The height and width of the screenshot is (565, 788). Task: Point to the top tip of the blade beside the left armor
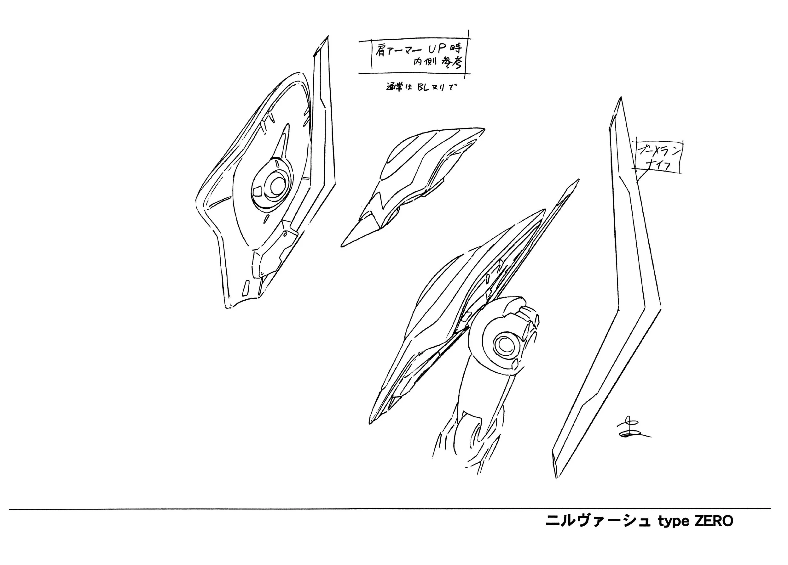coord(327,37)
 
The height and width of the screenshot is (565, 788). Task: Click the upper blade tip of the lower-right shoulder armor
coord(578,180)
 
